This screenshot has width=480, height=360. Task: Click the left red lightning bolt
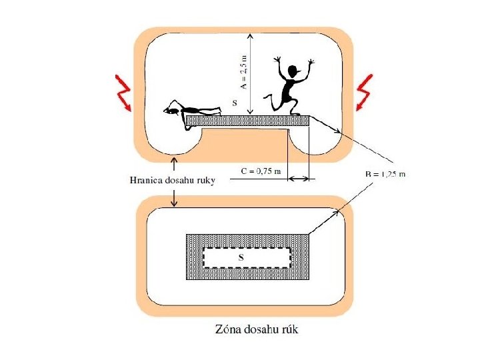[123, 93]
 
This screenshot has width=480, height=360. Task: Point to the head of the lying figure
[172, 109]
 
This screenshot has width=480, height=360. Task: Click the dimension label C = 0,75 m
[261, 172]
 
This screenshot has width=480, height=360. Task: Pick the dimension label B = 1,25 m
[385, 174]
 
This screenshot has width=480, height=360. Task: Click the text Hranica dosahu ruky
[171, 180]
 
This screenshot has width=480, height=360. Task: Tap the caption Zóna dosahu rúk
[261, 329]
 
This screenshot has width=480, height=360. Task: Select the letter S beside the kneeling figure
[233, 103]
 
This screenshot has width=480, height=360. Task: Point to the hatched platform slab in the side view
[247, 121]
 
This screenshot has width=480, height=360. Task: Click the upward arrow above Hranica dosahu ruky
[175, 164]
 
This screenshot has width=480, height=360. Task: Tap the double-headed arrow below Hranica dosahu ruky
[175, 197]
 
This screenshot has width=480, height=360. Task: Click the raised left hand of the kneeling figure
[278, 62]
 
